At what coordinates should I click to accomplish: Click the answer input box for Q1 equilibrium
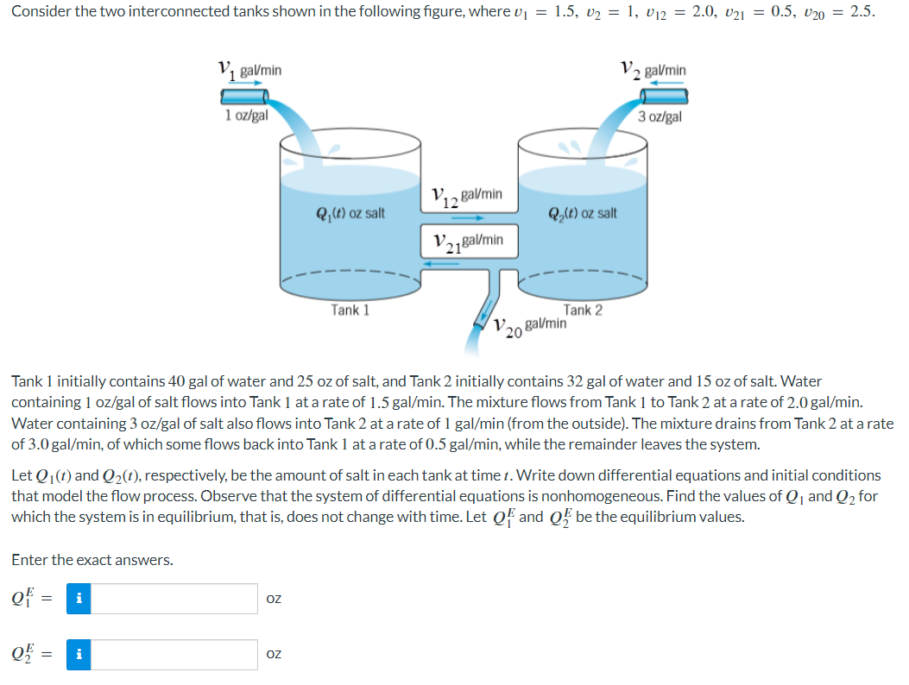174,599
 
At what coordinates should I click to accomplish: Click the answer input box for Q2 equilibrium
174,655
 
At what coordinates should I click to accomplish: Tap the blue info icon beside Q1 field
79,599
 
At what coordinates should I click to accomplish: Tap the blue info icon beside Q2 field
79,655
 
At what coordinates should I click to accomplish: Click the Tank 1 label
350,309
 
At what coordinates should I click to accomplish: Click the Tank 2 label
583,309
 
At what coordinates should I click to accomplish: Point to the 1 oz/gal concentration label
246,115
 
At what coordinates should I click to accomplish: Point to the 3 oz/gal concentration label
660,116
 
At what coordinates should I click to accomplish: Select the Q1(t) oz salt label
350,212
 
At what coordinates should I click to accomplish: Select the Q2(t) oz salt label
583,212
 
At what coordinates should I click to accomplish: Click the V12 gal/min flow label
465,197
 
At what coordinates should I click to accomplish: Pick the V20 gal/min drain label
531,326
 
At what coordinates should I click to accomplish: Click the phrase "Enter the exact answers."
92,560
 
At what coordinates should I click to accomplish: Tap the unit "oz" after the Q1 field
274,599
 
